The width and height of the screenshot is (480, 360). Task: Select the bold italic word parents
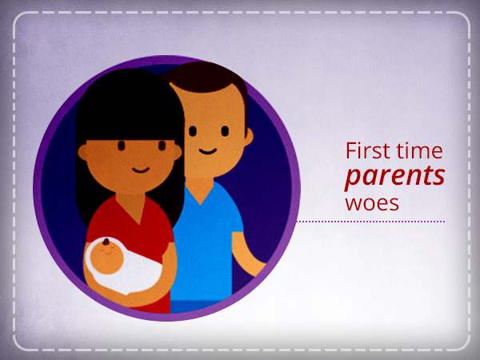[x=395, y=177]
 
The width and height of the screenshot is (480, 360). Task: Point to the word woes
[x=372, y=202]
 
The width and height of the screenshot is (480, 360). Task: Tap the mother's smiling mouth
[x=141, y=170]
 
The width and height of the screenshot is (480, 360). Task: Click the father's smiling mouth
[x=207, y=151]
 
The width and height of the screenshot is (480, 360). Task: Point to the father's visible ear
[x=249, y=137]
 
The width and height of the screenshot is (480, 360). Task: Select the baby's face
[x=106, y=257]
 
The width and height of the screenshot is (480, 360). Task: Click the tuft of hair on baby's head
[x=106, y=242]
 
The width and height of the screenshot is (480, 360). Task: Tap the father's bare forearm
[x=246, y=254]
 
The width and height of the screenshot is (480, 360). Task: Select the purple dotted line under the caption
[x=370, y=222]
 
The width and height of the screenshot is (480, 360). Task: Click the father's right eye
[x=192, y=131]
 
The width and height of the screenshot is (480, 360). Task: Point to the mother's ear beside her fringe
[x=82, y=152]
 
